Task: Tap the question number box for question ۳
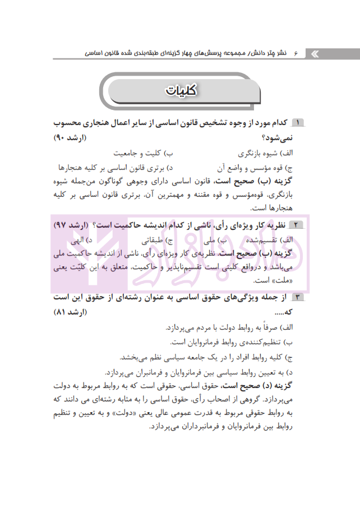pos(297,297)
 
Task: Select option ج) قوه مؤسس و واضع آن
pos(260,167)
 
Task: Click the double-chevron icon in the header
pos(314,53)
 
